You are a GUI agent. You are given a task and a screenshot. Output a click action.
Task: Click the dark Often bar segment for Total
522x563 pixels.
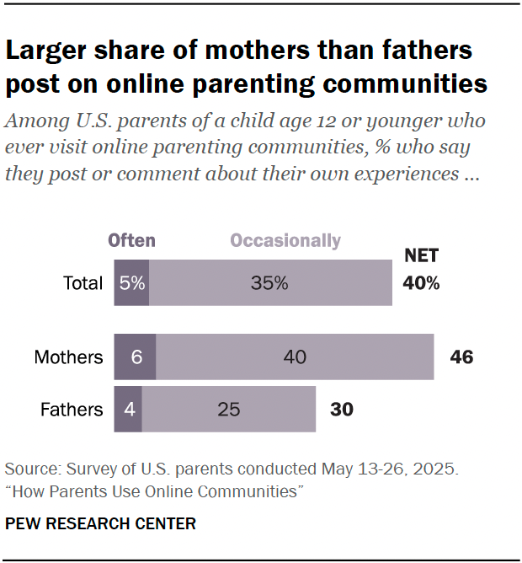point(131,283)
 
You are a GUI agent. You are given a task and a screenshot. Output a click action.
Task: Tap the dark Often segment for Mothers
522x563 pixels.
point(135,357)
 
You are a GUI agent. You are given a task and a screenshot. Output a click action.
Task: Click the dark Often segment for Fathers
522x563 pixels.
point(128,410)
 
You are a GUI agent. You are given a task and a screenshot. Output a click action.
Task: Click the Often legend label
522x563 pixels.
point(131,240)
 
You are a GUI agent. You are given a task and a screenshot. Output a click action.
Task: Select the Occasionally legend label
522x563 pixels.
point(285,240)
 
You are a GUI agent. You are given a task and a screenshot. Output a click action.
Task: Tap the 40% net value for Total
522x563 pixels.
point(421,283)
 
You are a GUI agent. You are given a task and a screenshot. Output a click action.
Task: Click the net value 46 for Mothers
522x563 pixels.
point(461,357)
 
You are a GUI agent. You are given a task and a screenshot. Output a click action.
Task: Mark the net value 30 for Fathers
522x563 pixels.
point(341,410)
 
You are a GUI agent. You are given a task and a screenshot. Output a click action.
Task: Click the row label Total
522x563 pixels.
point(83,283)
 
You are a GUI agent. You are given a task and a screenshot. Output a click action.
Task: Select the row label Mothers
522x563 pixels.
point(68,357)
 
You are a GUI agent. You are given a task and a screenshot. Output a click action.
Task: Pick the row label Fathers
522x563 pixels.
point(72,410)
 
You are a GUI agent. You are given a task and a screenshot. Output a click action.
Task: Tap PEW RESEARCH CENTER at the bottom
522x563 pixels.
point(100,523)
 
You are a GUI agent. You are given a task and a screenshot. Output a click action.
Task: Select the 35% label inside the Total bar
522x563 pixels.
point(269,283)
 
